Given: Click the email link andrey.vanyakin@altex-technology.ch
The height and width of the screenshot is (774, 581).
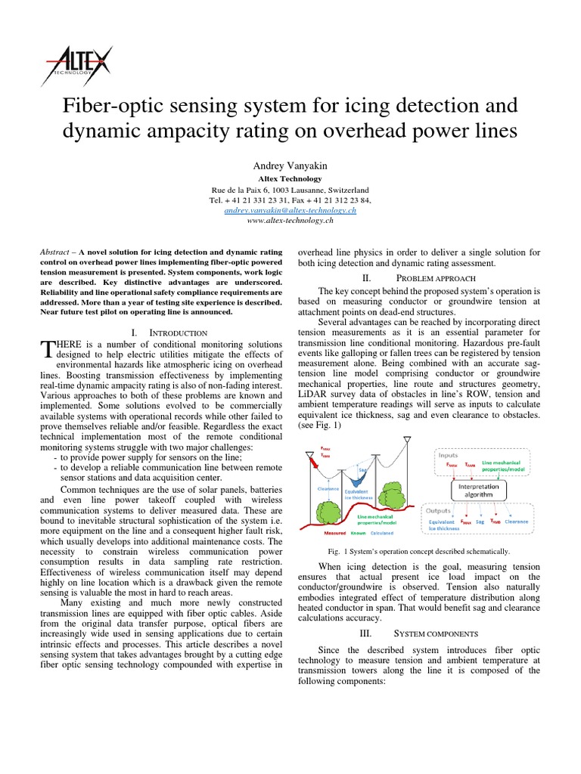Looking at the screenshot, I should [290, 211].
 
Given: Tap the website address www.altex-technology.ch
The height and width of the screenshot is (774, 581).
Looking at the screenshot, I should [290, 221].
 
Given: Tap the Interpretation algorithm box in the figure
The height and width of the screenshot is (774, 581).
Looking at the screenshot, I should [478, 491].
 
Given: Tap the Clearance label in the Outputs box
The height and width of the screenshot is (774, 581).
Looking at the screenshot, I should [517, 522].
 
